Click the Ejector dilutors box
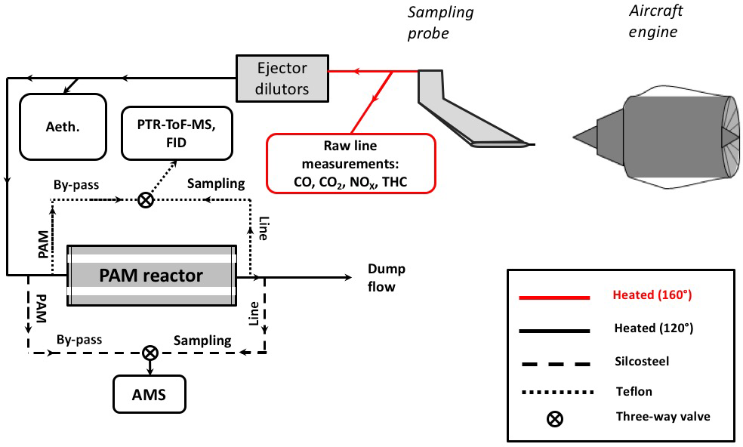click(x=283, y=78)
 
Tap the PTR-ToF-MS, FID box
click(x=176, y=133)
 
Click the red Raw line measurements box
click(x=351, y=162)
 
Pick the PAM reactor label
click(x=151, y=276)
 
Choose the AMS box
click(x=148, y=393)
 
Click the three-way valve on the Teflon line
click(x=146, y=200)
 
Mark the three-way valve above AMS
click(x=150, y=353)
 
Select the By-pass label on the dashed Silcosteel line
click(x=78, y=339)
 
